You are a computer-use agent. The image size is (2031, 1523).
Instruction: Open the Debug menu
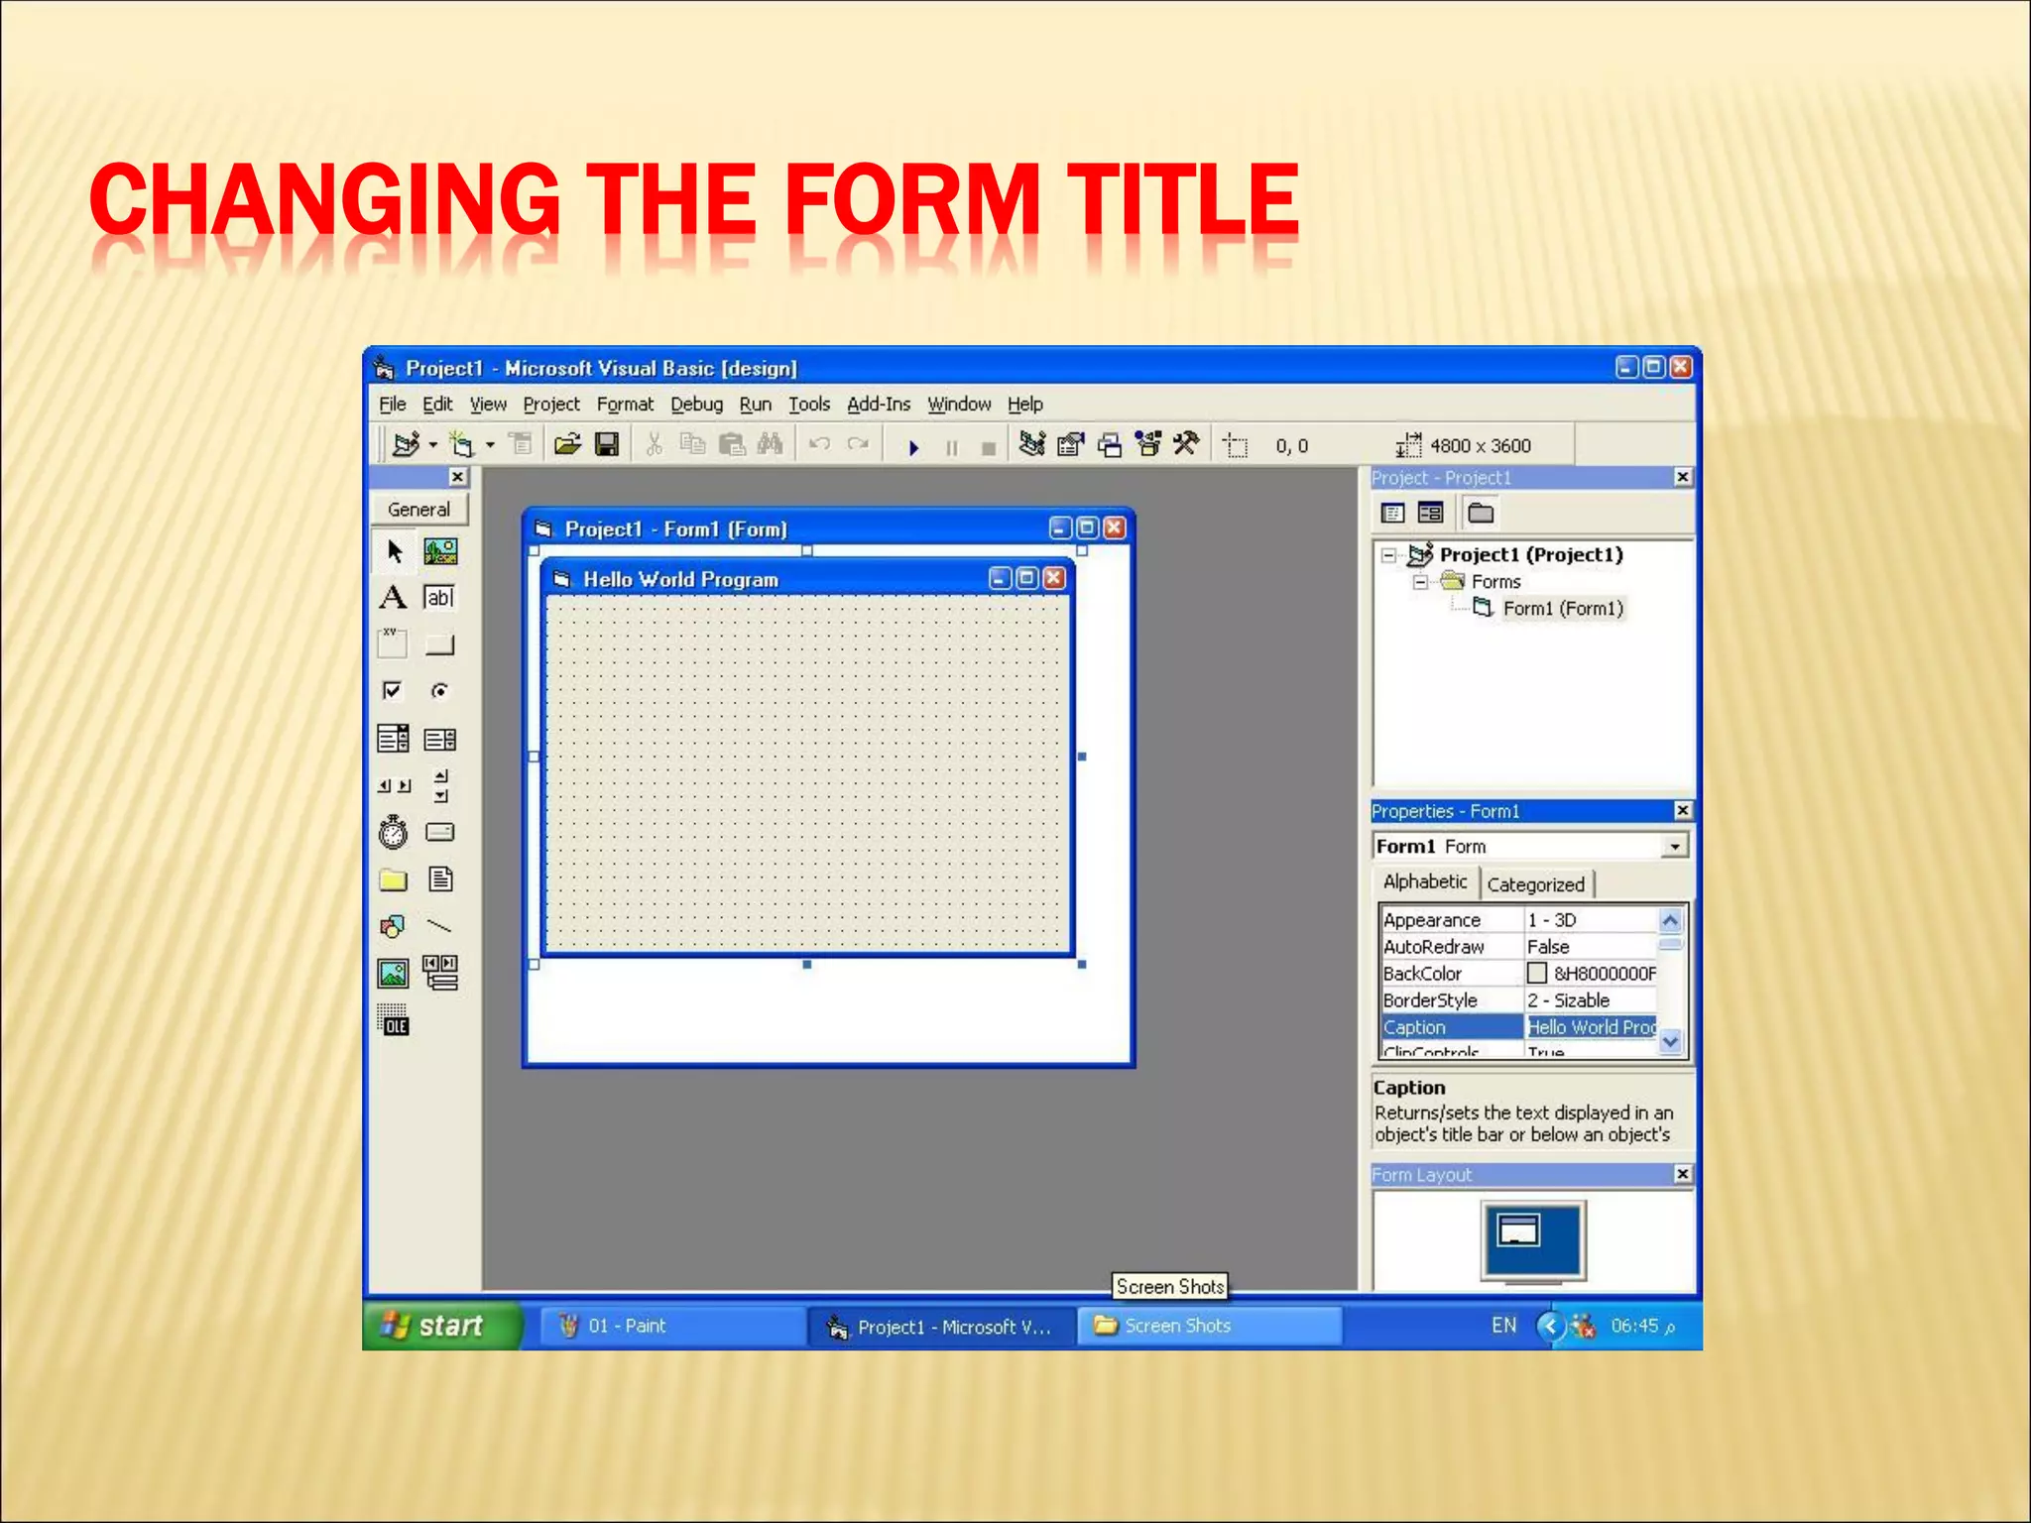click(x=696, y=405)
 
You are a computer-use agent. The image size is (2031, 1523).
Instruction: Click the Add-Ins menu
click(x=878, y=405)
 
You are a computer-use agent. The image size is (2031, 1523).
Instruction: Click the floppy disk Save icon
click(x=607, y=445)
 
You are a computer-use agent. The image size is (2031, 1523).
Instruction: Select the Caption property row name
click(x=1415, y=1027)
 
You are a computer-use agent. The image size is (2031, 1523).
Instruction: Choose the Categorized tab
click(x=1535, y=884)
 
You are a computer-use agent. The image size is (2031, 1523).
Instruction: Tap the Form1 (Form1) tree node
click(x=1562, y=609)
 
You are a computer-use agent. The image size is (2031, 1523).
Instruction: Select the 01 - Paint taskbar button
click(x=627, y=1326)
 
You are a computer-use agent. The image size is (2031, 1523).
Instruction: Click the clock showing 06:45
click(x=1634, y=1326)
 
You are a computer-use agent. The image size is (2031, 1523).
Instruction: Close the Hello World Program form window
click(x=1054, y=578)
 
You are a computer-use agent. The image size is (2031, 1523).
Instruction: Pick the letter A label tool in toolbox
click(x=393, y=597)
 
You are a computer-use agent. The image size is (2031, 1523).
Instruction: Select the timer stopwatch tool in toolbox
click(x=393, y=832)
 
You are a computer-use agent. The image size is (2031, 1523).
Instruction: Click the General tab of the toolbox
click(x=418, y=510)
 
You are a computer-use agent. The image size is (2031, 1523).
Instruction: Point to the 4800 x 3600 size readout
click(x=1480, y=446)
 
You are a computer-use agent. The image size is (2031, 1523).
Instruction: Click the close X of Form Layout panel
click(x=1683, y=1174)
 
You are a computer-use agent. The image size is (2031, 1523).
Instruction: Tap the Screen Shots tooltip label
click(x=1169, y=1287)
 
